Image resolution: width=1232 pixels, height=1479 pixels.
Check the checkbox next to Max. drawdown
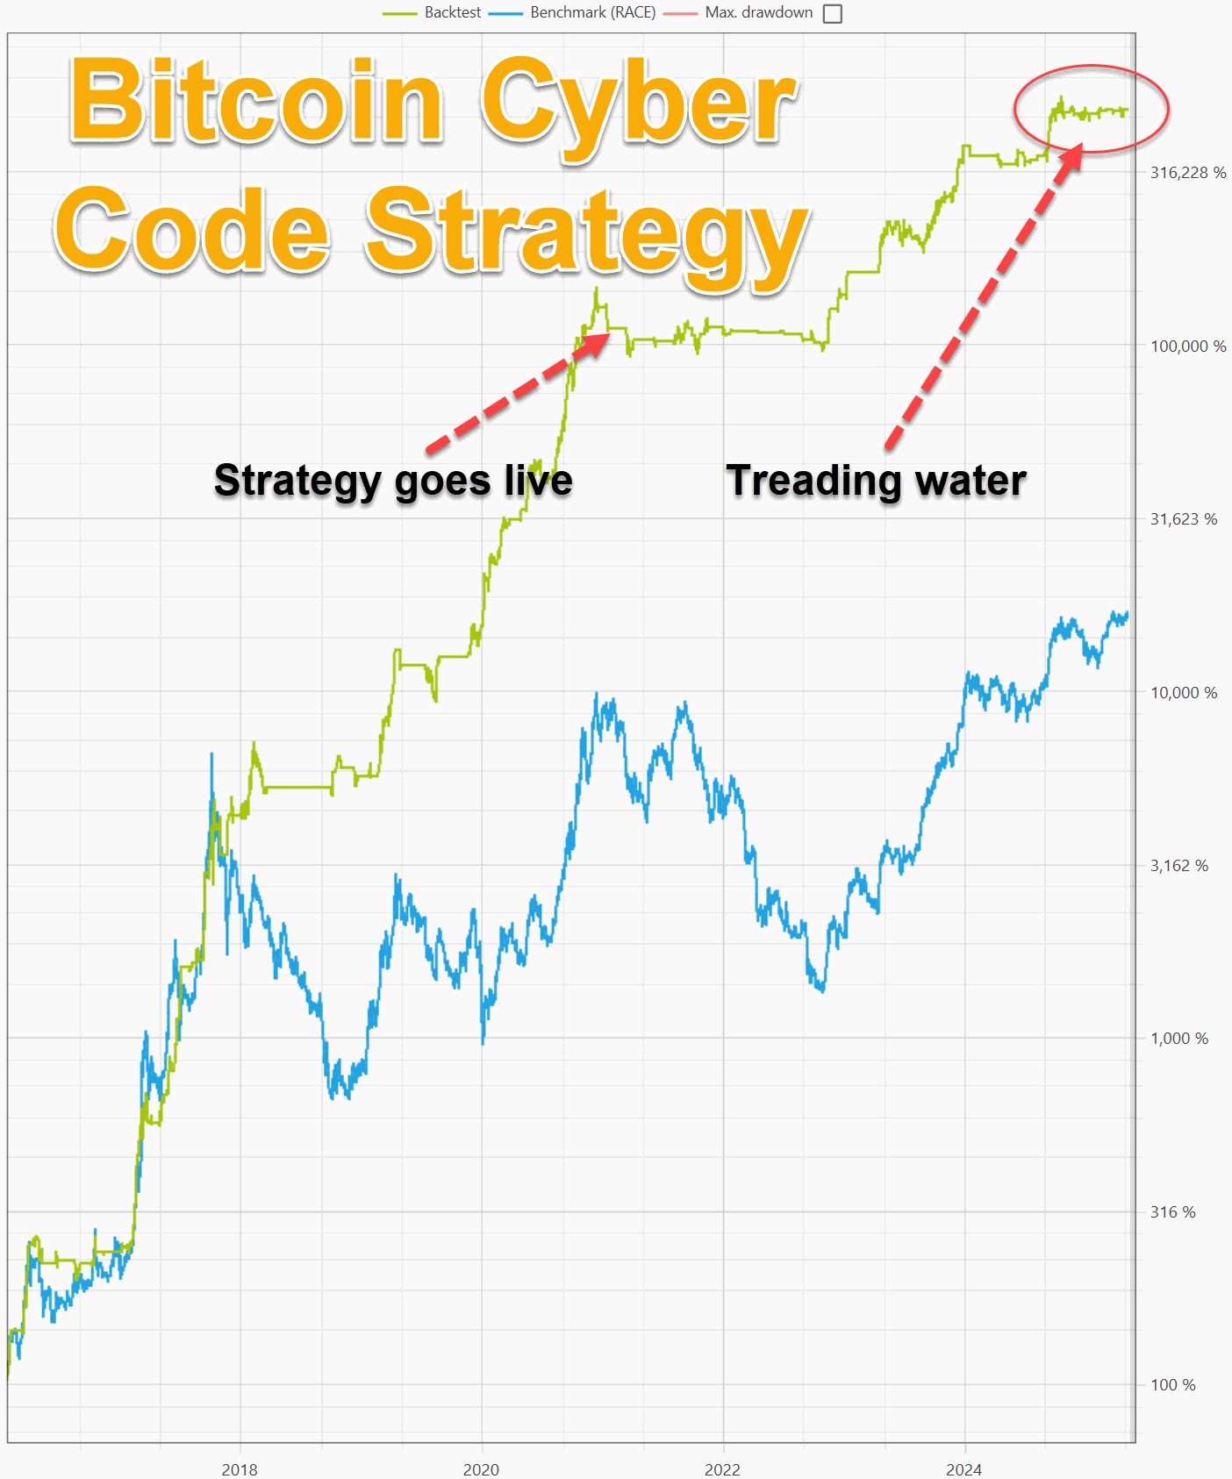(833, 14)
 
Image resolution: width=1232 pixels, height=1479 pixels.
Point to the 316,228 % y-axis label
(1188, 173)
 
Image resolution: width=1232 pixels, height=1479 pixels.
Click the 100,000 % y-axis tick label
(1188, 347)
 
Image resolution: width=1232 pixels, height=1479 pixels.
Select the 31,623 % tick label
(1184, 519)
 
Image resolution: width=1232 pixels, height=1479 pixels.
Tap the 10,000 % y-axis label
(1184, 693)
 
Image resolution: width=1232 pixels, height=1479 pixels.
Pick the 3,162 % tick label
(1179, 866)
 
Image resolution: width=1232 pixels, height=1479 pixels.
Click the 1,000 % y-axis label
(1179, 1039)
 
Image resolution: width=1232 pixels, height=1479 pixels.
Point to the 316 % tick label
(1172, 1212)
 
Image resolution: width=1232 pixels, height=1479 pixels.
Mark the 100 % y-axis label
(1172, 1385)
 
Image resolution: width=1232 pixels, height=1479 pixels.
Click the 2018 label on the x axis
(240, 1469)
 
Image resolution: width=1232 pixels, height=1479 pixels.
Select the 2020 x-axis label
(481, 1469)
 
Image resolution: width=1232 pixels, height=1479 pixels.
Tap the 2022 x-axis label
(722, 1469)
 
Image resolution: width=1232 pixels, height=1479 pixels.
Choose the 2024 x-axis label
(963, 1469)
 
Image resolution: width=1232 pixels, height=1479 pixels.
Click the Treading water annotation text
(876, 481)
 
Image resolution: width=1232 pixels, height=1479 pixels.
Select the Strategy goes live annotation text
(393, 481)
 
